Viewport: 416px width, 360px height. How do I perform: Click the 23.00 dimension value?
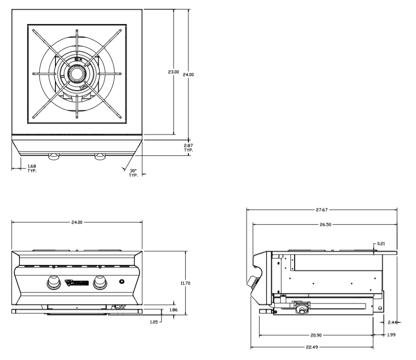[173, 72]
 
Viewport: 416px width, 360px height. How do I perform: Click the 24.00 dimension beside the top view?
[188, 74]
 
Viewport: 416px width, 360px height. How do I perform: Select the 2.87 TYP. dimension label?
[188, 148]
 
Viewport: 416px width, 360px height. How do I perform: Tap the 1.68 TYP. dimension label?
[32, 168]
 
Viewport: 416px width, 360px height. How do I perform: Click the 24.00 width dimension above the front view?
[77, 222]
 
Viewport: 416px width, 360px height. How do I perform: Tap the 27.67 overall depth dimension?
[322, 209]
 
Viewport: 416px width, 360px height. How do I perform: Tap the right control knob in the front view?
[99, 281]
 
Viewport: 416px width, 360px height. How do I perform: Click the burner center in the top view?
[76, 73]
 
